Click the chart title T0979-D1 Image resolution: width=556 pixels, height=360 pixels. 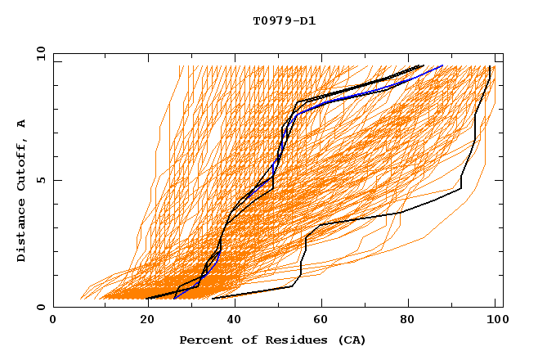[284, 21]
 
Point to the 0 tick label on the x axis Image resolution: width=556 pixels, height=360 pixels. [53, 321]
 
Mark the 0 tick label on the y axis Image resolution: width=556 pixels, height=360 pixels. [40, 307]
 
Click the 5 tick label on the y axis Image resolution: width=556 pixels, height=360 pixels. [40, 180]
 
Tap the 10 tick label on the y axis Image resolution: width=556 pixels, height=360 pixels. [38, 53]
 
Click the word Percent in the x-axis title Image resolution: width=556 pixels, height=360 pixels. [203, 340]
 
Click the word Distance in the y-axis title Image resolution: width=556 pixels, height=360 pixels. [22, 230]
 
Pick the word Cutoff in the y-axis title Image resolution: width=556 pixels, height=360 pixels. [22, 163]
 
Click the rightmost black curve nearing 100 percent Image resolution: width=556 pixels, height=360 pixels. [474, 139]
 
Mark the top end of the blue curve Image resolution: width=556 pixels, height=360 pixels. [442, 65]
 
